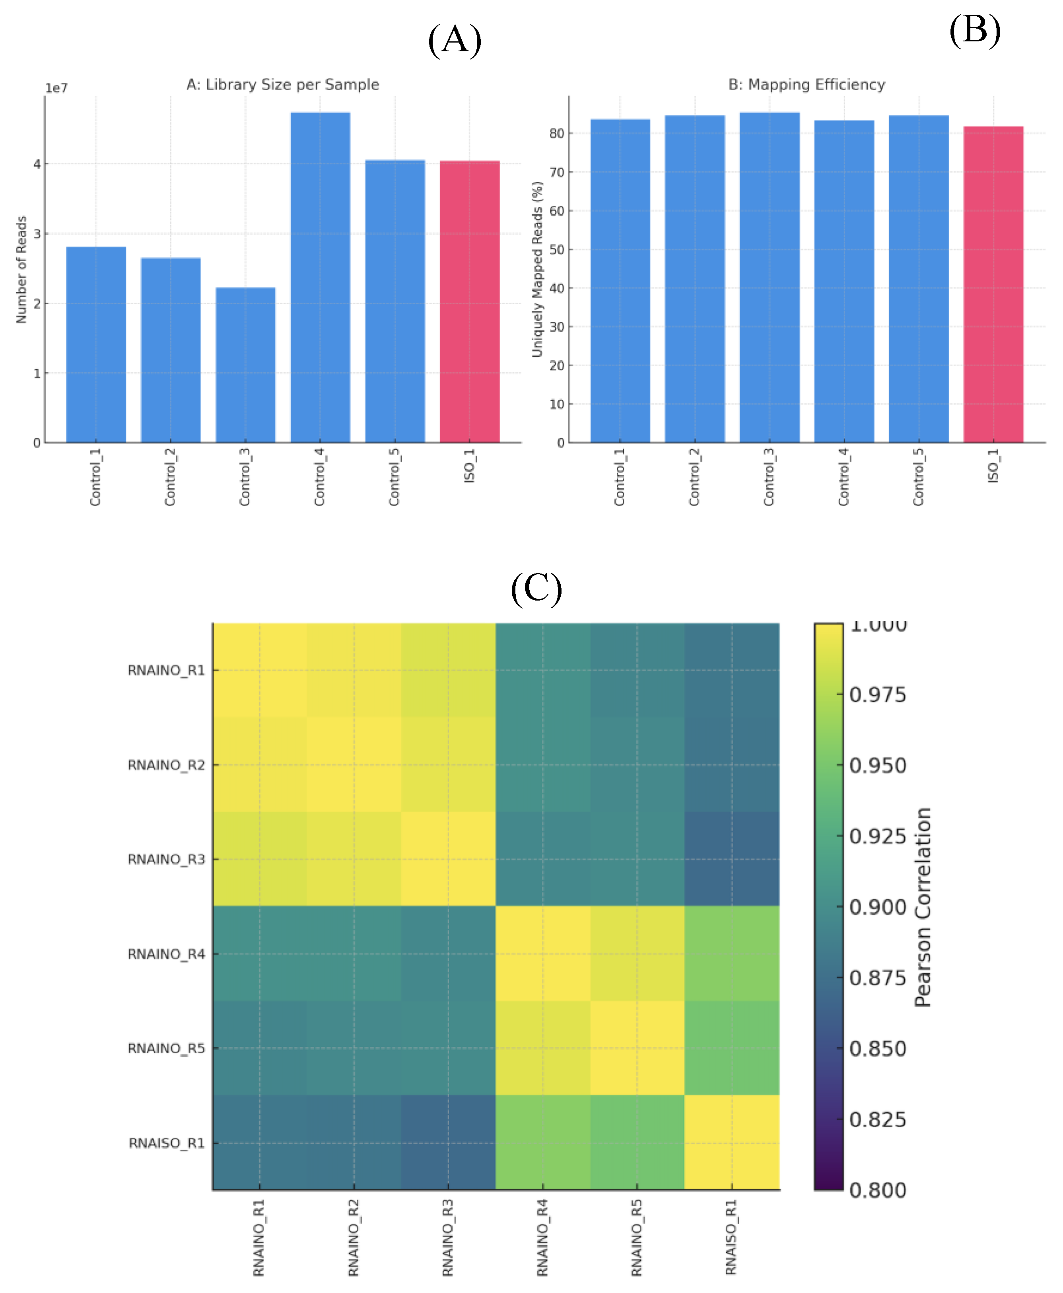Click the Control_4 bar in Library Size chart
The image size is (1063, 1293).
pos(320,277)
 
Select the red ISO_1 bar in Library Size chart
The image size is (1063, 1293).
pos(470,301)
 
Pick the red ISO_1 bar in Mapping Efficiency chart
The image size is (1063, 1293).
pos(993,284)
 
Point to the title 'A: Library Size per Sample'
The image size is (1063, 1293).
pos(282,85)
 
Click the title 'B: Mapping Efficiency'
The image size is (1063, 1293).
pos(806,85)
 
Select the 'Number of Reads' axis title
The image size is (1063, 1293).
pos(21,270)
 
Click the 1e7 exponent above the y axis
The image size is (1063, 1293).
pos(56,88)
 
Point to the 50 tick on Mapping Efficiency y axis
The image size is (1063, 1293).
pos(557,249)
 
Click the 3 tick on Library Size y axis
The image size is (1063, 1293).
pos(37,233)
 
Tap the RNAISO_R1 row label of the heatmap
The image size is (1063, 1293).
pos(167,1143)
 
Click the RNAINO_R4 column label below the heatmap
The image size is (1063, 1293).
pos(542,1238)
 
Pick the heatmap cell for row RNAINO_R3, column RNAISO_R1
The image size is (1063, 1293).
pos(732,859)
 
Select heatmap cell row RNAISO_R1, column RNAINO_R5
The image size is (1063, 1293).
pos(637,1143)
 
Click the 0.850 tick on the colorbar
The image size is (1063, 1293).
pos(877,1049)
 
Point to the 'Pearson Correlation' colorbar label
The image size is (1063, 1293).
pos(922,906)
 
